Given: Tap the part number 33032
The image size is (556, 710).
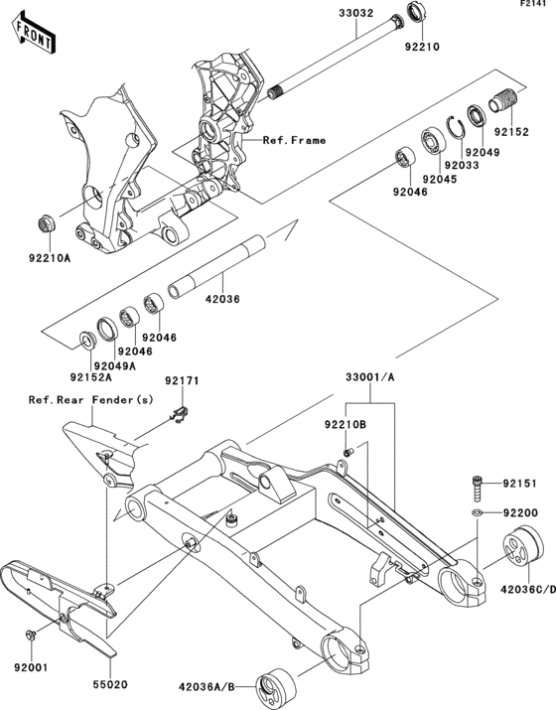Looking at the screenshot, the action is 356,13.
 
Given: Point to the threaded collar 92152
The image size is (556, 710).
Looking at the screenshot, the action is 504,101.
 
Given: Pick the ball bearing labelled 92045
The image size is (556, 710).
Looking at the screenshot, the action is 433,142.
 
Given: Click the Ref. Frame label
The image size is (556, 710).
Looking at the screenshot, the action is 294,140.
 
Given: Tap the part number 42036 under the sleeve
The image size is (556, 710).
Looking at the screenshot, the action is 222,299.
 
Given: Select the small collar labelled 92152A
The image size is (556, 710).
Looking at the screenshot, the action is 87,341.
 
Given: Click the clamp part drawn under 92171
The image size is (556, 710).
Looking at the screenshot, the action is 181,414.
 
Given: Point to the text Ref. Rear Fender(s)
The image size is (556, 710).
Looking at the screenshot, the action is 91,400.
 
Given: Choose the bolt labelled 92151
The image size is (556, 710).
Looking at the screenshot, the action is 478,489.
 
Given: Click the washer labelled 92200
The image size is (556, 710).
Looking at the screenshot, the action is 477,512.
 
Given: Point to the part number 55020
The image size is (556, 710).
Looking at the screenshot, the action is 110,684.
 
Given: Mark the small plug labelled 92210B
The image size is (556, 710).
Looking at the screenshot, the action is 348,452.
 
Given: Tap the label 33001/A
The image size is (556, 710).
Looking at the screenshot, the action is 370,377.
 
